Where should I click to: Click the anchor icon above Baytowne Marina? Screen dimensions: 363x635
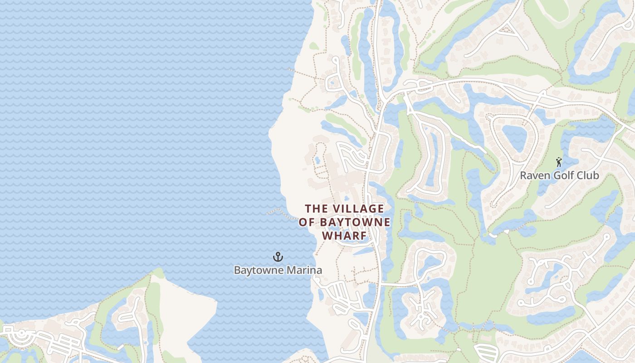tap(278, 257)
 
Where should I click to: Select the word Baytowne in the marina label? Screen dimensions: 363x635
tap(255, 270)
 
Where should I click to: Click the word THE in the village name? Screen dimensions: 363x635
tap(316, 209)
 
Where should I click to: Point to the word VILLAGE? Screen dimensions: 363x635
tap(358, 209)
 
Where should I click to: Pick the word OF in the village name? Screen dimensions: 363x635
tap(307, 222)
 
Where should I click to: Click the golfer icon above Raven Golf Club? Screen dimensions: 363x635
tap(559, 162)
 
